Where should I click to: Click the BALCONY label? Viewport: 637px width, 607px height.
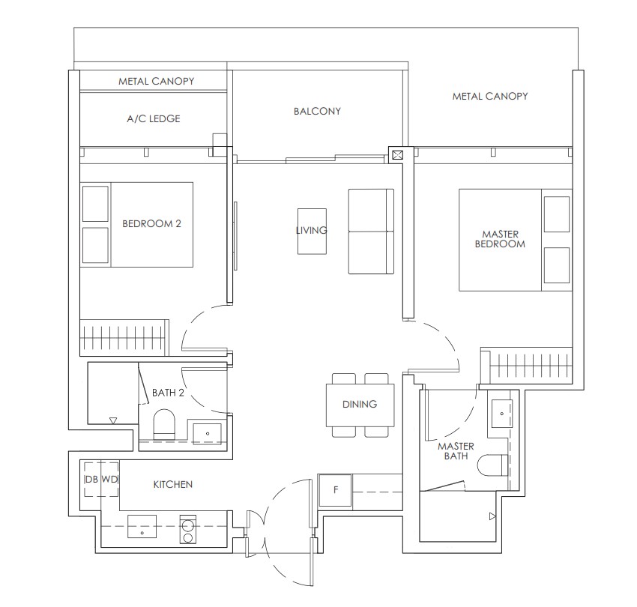pos(317,111)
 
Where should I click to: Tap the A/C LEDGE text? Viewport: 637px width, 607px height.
pos(153,118)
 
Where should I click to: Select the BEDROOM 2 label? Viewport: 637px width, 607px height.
pos(151,223)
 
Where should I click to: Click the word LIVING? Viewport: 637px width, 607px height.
pos(312,230)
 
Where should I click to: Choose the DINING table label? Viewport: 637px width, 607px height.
pos(360,404)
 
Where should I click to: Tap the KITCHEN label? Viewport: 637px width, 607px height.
pos(173,485)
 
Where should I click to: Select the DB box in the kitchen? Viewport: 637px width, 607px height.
pos(91,479)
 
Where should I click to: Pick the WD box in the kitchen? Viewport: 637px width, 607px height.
pos(109,479)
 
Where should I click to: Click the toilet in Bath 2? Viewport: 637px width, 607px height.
pos(163,424)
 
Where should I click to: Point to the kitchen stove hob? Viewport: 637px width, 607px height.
pos(187,528)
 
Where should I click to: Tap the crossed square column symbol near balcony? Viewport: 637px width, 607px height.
pos(397,155)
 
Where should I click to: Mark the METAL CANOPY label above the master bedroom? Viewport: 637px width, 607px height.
pos(489,96)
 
